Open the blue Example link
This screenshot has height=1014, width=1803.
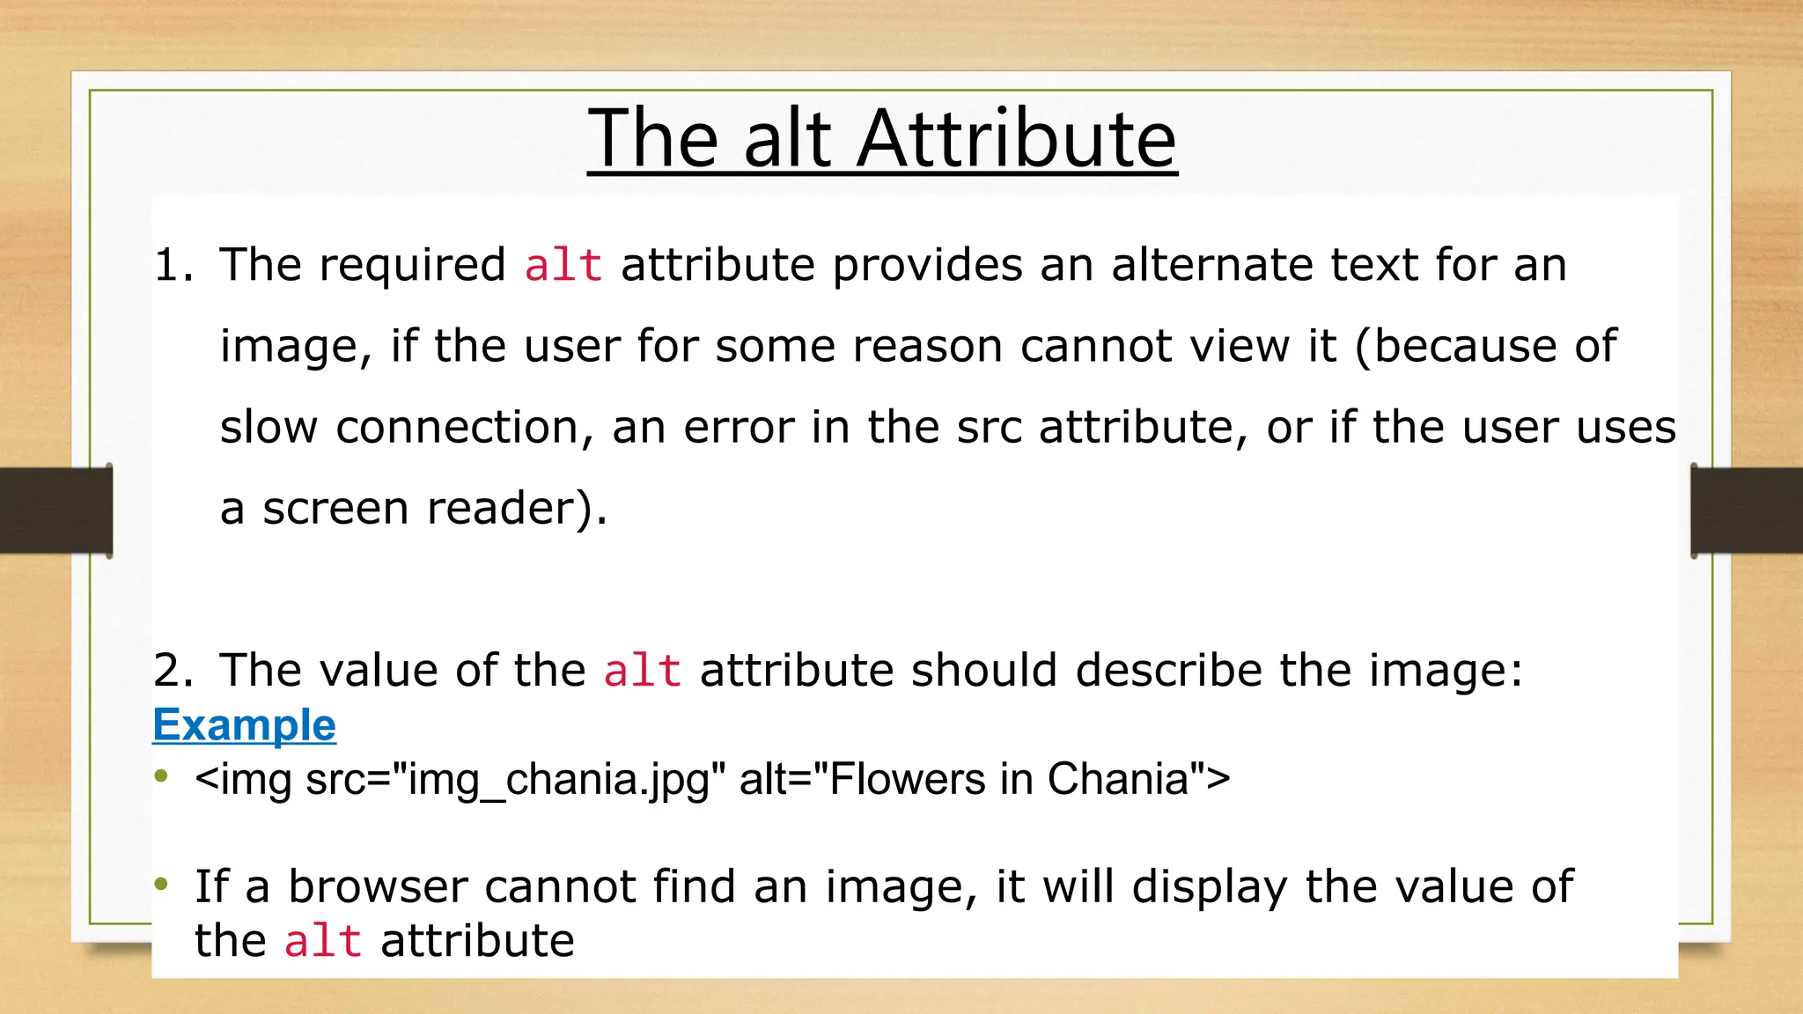click(x=244, y=724)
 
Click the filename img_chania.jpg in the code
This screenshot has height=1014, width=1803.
click(x=564, y=780)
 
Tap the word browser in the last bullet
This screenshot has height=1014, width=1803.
click(x=378, y=886)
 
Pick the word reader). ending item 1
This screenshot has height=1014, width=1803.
click(x=517, y=508)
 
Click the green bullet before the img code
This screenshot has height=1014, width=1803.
click(x=160, y=775)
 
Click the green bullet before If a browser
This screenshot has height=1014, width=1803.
click(x=160, y=883)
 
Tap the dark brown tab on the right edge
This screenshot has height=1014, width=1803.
click(x=1747, y=511)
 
